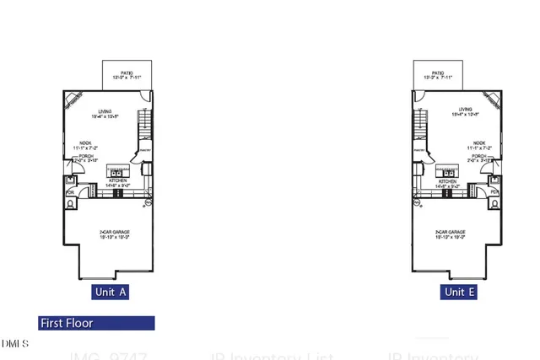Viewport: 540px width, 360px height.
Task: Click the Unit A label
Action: pyautogui.click(x=110, y=293)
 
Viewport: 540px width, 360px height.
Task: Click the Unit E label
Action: pyautogui.click(x=458, y=293)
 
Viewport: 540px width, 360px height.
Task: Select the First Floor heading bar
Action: pyautogui.click(x=96, y=323)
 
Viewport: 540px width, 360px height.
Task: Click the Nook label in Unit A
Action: pyautogui.click(x=85, y=144)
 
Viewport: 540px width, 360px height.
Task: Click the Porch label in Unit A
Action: pyautogui.click(x=85, y=157)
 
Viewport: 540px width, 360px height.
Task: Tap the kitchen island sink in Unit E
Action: pyautogui.click(x=445, y=172)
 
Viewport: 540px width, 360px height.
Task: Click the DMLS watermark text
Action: pyautogui.click(x=14, y=344)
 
